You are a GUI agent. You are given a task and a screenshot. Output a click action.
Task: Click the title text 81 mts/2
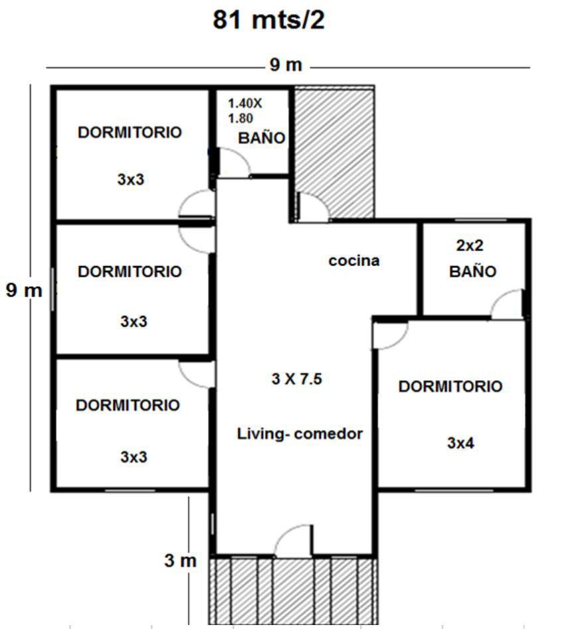268,20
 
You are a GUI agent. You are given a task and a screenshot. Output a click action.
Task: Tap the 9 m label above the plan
286,64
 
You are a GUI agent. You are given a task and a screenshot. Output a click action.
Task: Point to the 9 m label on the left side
24,290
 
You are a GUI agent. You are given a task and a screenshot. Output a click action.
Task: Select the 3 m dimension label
180,561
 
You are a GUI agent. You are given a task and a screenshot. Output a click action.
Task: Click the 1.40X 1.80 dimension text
245,111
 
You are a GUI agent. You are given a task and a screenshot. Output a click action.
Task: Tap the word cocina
354,261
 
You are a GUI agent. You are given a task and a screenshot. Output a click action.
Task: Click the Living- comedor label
300,434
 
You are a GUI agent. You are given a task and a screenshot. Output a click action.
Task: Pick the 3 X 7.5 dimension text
297,379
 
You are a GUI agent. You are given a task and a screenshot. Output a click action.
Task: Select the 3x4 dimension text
460,443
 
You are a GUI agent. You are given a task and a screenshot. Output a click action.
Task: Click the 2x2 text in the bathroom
470,245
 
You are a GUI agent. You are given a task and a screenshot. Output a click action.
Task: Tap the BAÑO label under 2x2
472,271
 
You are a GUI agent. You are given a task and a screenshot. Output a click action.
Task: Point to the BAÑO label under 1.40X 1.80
262,137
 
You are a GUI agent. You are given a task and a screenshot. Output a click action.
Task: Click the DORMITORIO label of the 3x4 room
450,386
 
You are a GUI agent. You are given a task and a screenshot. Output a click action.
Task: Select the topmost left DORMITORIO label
130,133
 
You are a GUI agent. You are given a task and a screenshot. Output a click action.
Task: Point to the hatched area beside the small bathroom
335,153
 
